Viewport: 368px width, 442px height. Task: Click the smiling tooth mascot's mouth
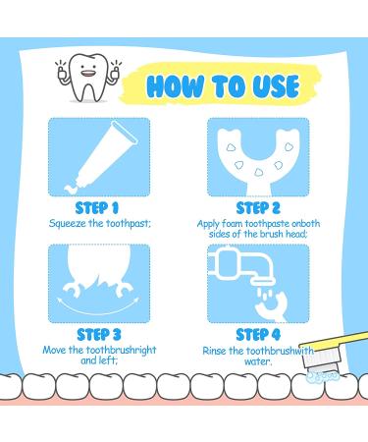(x=85, y=74)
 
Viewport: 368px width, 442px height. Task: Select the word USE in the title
(x=276, y=86)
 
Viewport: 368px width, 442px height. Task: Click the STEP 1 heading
(x=97, y=208)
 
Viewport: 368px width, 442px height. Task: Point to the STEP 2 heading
(x=258, y=208)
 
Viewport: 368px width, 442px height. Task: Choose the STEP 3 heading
(x=99, y=335)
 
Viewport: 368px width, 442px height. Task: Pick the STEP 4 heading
(x=258, y=335)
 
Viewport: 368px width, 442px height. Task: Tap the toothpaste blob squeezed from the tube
(x=71, y=190)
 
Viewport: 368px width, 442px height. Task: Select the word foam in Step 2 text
(x=232, y=224)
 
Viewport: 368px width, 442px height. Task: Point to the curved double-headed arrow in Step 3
(x=98, y=307)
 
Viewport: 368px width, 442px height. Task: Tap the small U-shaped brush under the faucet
(x=273, y=306)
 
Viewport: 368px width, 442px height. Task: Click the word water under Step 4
(x=258, y=361)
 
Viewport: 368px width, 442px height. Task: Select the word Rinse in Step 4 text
(x=215, y=351)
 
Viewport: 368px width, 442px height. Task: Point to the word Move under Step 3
(x=55, y=350)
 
